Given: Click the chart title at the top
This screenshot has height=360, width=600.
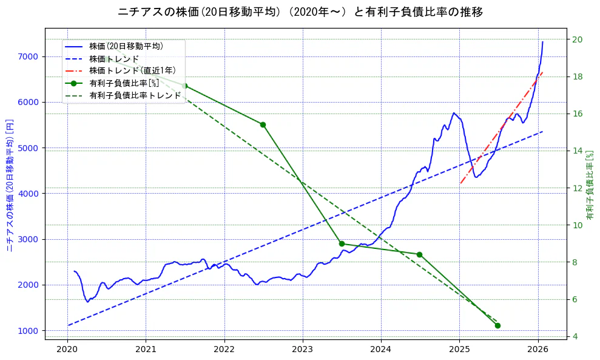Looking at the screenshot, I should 300,12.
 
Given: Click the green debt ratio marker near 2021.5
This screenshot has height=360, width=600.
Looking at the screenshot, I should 185,86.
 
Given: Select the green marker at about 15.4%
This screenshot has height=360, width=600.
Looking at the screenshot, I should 263,124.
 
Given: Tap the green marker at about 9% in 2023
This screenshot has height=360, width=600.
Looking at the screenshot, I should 342,243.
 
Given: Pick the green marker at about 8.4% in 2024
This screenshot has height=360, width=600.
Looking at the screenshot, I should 419,254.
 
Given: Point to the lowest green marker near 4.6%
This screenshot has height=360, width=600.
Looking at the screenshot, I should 497,325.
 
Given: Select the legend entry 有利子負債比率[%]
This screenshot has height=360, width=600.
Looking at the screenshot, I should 124,83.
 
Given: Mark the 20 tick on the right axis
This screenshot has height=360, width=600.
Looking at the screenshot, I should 575,39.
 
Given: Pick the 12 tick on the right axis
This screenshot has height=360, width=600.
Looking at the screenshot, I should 575,188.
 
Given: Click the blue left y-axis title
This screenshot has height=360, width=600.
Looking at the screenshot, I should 10,185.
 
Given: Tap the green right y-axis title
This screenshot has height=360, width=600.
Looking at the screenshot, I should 590,185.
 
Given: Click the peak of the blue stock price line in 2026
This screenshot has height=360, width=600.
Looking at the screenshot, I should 542,42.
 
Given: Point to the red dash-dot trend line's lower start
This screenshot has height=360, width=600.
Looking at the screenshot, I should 460,183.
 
